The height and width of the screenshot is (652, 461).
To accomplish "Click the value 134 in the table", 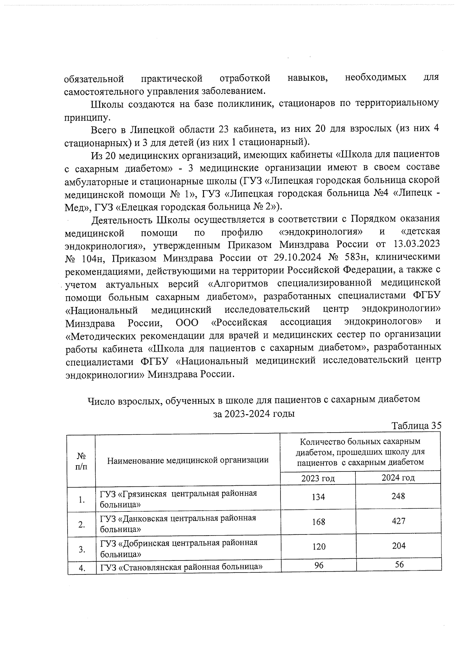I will [x=318, y=497].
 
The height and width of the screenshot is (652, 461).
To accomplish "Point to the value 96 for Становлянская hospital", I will [x=318, y=566].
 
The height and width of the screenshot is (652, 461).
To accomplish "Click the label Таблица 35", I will [x=416, y=426].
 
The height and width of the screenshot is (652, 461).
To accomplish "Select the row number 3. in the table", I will [x=81, y=549].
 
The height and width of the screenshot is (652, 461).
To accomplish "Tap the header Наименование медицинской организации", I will [x=187, y=460].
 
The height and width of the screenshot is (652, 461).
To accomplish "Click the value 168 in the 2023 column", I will [x=318, y=522].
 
